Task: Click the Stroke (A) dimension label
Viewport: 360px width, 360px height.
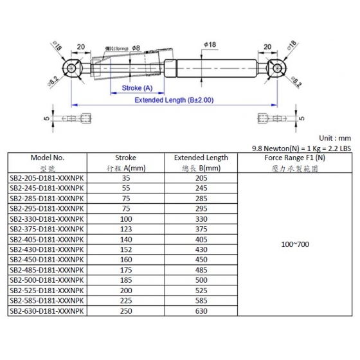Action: pos(137,88)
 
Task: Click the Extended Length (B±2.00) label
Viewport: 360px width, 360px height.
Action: pos(174,100)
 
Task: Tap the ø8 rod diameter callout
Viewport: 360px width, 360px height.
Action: pos(136,48)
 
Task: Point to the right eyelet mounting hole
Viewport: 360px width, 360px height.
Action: pos(277,68)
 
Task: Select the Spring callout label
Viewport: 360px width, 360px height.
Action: pos(116,49)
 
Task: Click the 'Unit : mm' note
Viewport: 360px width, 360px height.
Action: pos(335,138)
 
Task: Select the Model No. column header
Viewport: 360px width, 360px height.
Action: pos(48,157)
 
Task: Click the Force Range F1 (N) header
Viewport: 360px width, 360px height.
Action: pos(295,157)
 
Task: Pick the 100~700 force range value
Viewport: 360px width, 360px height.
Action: pos(295,244)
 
